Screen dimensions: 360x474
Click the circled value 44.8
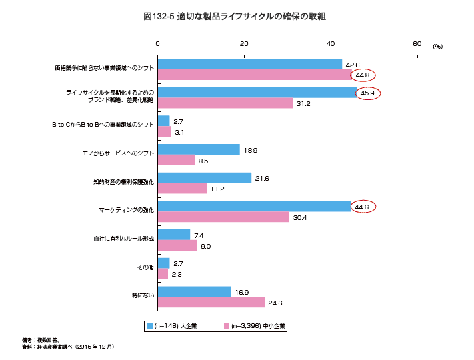(363, 75)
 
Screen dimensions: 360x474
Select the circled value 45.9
(367, 93)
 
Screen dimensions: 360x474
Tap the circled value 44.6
(363, 207)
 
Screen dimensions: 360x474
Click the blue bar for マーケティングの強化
(254, 207)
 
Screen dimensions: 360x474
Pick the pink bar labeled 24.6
(211, 302)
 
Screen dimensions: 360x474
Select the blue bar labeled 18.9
(199, 150)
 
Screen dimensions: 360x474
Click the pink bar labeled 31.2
(225, 103)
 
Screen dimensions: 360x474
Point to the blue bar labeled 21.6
(205, 178)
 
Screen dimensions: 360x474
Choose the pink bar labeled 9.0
(177, 245)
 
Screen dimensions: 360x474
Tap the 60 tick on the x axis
(417, 43)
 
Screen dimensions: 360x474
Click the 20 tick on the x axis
(245, 43)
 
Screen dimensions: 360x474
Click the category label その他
(145, 267)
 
